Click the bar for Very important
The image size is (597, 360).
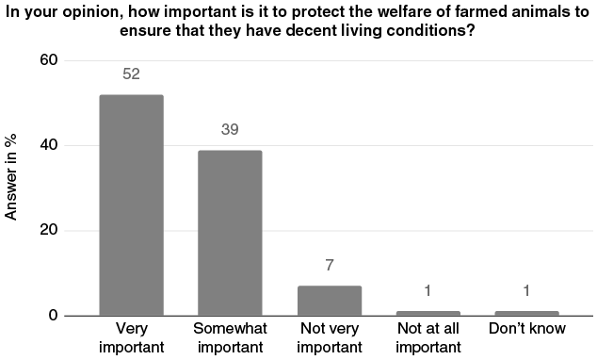pos(131,205)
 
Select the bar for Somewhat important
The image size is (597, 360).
pos(230,233)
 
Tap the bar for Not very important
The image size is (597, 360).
pos(330,300)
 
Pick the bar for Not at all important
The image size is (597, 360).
pos(428,312)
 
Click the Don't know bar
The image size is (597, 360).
pos(527,312)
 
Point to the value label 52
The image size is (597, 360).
pos(131,74)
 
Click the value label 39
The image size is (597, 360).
pos(230,130)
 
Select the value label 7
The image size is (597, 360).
pos(330,266)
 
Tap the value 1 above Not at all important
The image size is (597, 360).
pos(428,291)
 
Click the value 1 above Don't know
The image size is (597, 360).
pos(527,291)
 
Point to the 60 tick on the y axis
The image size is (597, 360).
pos(48,60)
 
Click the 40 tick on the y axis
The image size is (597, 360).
pos(48,145)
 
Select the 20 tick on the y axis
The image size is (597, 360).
pos(48,231)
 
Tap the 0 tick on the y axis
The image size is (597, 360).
pos(53,316)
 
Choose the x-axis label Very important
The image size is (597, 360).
pos(131,336)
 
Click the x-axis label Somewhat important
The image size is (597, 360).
pos(230,336)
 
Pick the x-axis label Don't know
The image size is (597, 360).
pos(527,329)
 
